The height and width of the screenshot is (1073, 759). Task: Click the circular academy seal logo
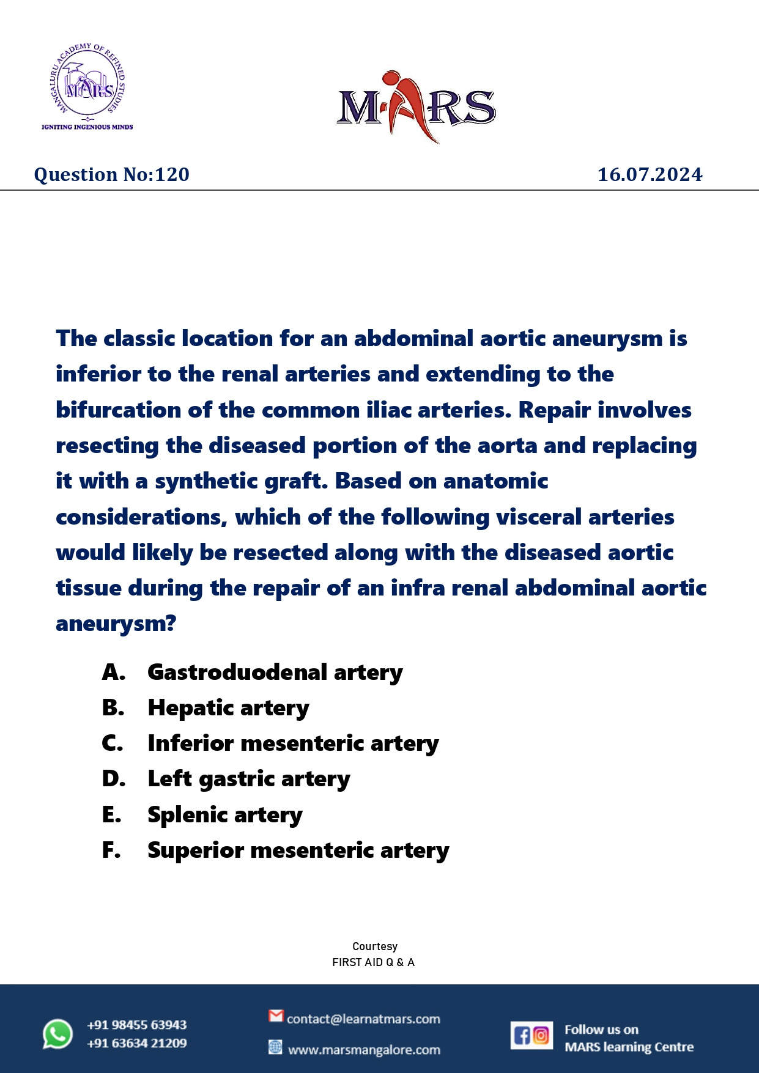87,83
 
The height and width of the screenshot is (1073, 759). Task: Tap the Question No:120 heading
112,175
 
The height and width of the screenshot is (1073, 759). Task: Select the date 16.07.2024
650,175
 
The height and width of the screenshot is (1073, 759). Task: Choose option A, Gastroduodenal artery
275,672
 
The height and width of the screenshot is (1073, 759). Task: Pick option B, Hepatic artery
228,708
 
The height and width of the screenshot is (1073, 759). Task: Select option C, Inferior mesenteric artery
293,743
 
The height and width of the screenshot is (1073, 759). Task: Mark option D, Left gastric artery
249,779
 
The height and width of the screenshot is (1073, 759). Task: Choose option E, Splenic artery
225,815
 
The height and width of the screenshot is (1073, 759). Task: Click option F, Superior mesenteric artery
298,850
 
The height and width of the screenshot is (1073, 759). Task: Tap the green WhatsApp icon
57,1034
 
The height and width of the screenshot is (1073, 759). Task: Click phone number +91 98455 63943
136,1025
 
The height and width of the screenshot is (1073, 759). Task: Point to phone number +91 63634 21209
136,1043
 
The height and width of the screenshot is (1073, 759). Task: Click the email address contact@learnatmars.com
363,1019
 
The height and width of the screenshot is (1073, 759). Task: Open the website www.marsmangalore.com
364,1050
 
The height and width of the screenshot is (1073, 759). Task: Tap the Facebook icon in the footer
522,1035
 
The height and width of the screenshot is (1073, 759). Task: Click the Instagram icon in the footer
541,1035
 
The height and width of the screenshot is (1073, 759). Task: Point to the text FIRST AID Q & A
373,962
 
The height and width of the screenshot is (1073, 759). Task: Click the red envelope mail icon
276,1016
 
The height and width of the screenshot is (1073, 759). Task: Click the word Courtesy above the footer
375,946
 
